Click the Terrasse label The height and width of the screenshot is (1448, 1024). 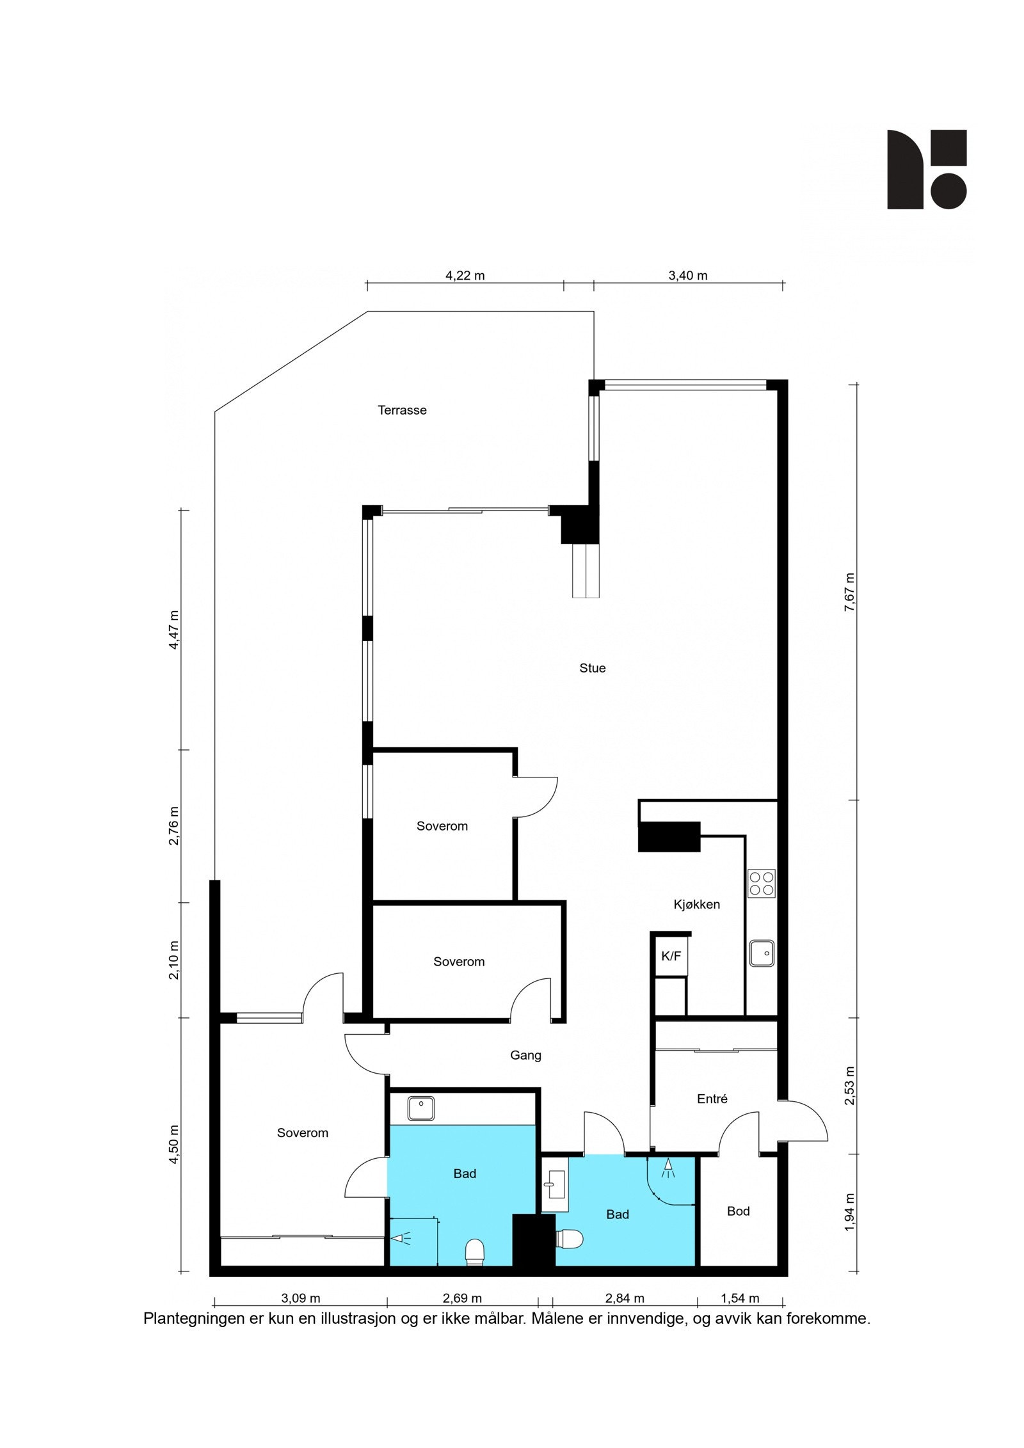tap(402, 410)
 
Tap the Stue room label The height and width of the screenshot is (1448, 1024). tap(592, 668)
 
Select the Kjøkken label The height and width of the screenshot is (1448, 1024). tap(696, 904)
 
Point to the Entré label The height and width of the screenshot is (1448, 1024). tap(712, 1099)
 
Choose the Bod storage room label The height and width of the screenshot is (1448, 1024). tap(738, 1211)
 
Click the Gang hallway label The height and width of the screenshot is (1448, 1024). tap(525, 1055)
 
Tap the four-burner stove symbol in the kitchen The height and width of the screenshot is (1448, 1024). tap(761, 883)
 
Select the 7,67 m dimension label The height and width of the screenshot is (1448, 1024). tap(849, 592)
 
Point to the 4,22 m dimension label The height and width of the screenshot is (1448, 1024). tap(465, 276)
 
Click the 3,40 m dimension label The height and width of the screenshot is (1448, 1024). tap(687, 276)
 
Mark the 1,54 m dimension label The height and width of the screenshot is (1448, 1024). tap(739, 1298)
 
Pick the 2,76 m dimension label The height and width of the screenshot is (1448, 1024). tap(173, 825)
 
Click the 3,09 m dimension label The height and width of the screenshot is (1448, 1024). tap(300, 1298)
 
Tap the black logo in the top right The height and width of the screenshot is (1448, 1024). tap(926, 170)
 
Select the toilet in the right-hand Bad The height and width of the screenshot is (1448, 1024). tap(570, 1239)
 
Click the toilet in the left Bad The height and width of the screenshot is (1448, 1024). tap(475, 1252)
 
